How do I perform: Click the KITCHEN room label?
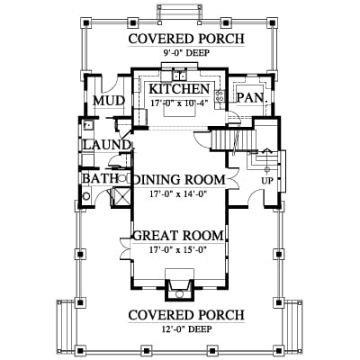[179, 89]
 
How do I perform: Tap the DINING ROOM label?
[179, 180]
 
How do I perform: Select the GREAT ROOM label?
[178, 236]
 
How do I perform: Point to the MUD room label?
[109, 101]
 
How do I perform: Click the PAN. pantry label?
[252, 98]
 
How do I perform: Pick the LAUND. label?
[107, 145]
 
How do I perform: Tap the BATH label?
[100, 179]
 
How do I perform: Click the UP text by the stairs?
[267, 182]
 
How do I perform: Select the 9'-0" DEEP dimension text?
[186, 53]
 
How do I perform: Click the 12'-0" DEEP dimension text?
[186, 329]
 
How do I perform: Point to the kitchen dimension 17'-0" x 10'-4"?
[179, 103]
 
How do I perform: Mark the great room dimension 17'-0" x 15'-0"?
[179, 249]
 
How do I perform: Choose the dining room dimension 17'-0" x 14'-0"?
[179, 193]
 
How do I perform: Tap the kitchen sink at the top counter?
[179, 76]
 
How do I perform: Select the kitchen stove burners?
[220, 95]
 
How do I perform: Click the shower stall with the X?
[121, 197]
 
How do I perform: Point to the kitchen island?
[179, 112]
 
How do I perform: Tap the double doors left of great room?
[124, 248]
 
